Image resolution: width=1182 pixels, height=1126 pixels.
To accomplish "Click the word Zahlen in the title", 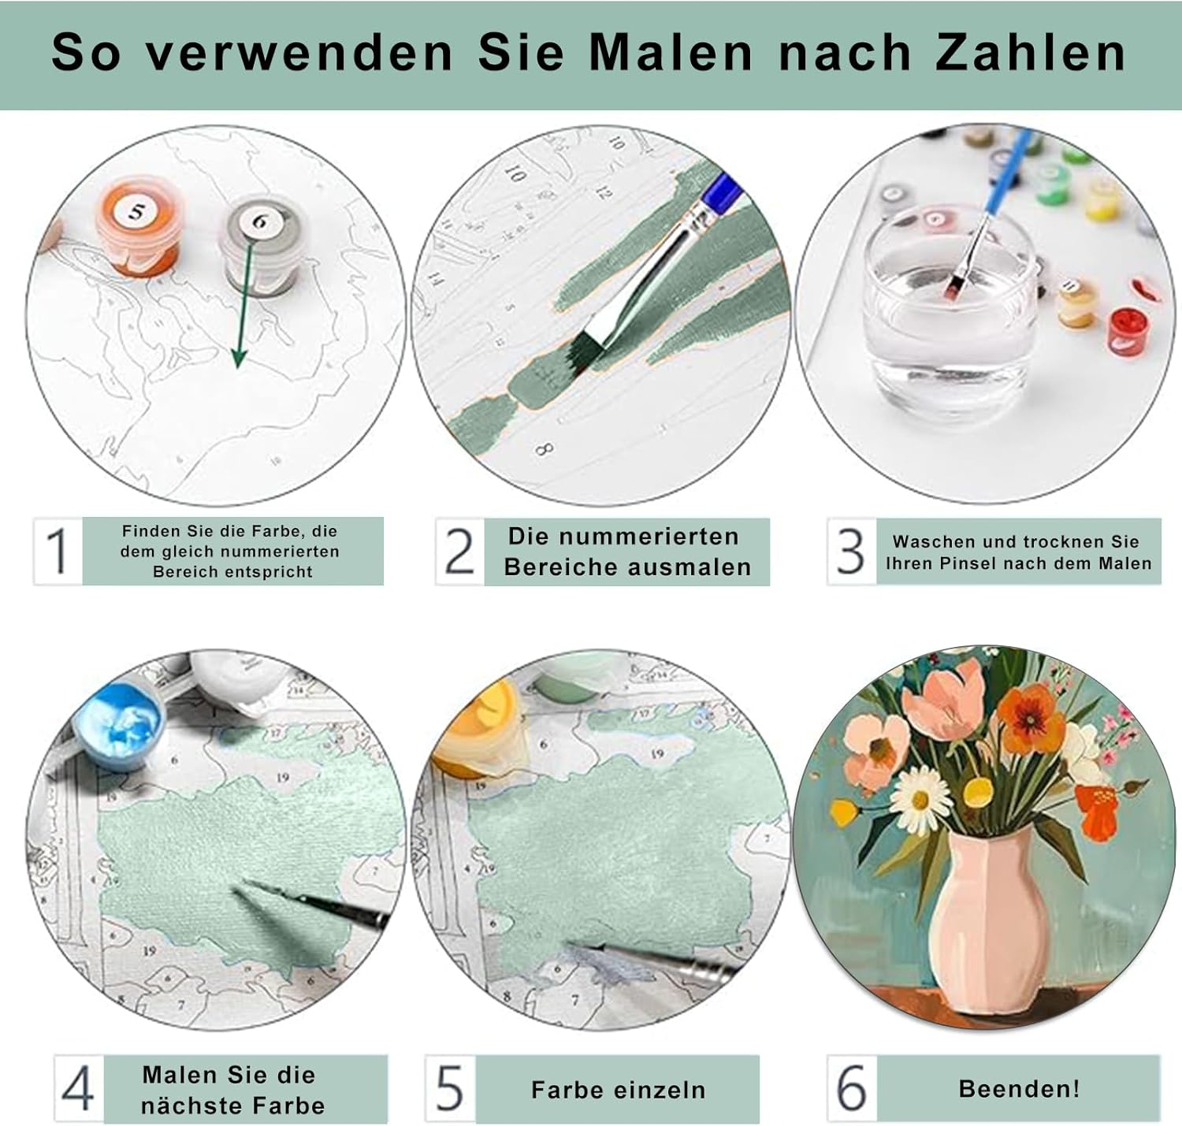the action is [x=1030, y=53].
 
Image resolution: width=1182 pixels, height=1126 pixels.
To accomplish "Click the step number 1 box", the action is [x=58, y=551].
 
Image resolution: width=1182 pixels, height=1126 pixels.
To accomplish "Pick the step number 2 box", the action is [x=460, y=552].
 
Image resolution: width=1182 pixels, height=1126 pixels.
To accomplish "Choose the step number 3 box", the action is [x=851, y=551].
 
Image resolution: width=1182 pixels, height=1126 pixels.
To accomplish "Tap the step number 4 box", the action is [x=80, y=1088].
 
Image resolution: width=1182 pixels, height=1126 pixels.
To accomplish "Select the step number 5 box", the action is [x=450, y=1088].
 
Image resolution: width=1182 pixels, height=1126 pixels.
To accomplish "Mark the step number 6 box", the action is [x=852, y=1088].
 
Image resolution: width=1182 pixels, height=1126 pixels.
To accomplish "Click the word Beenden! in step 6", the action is [x=1019, y=1088].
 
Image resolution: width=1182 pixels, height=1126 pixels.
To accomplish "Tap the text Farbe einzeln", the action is [x=618, y=1089].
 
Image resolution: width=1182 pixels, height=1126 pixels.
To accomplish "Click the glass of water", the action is [x=950, y=303].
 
